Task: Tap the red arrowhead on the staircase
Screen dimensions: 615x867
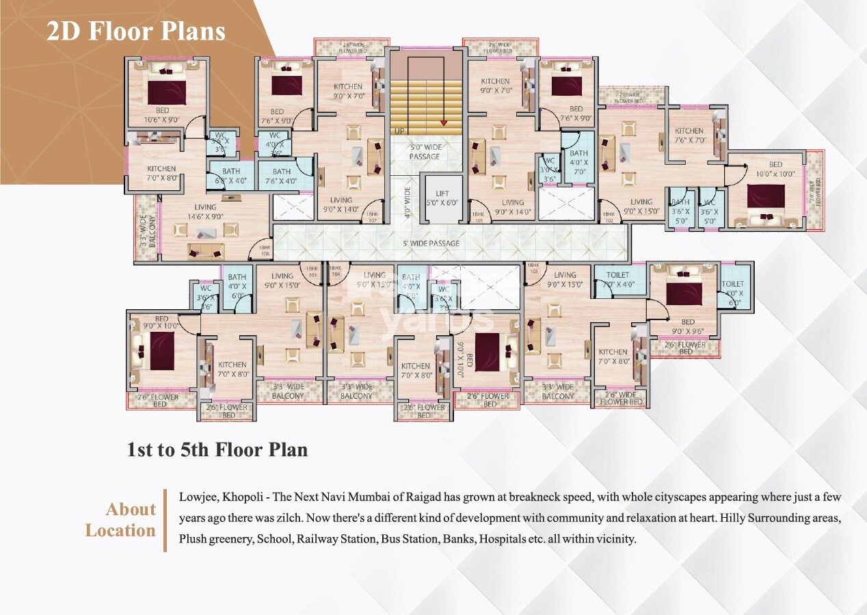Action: click(x=444, y=123)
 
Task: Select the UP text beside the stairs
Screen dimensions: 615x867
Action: click(x=398, y=130)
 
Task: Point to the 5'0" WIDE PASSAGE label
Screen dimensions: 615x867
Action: click(x=425, y=152)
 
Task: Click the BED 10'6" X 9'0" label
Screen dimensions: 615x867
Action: click(x=162, y=115)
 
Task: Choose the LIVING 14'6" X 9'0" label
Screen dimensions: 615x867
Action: click(x=205, y=211)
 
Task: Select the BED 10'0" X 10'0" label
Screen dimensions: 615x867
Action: click(x=775, y=169)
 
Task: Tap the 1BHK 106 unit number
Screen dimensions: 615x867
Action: click(x=263, y=251)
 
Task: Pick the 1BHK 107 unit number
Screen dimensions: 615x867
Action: click(x=372, y=218)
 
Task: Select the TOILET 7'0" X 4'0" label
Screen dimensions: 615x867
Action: click(x=617, y=279)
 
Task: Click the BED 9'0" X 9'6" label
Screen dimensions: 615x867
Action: click(x=687, y=326)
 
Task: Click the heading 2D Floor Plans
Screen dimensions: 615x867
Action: click(x=135, y=31)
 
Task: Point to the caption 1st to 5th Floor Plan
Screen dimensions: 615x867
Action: click(x=217, y=450)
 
